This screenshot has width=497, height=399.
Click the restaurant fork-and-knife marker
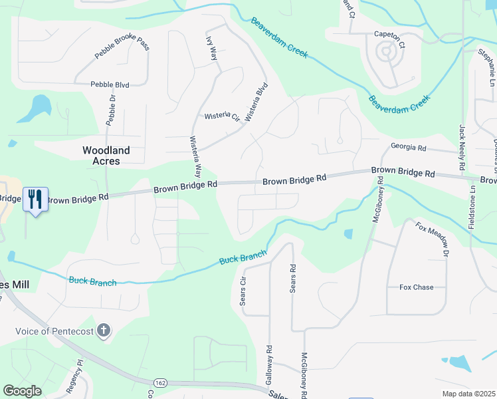(35, 199)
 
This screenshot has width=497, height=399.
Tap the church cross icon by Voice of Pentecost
(103, 331)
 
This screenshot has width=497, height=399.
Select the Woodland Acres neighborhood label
(106, 156)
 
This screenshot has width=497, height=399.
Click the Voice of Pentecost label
(55, 331)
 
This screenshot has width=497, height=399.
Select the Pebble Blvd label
(110, 84)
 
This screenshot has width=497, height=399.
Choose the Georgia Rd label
(408, 147)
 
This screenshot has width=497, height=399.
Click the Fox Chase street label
(416, 287)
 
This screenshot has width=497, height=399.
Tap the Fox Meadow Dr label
(433, 241)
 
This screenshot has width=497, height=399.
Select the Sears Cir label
(243, 290)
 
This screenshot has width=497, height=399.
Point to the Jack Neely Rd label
(462, 147)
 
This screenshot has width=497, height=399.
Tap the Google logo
(22, 391)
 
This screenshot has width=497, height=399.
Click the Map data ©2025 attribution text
(468, 394)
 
